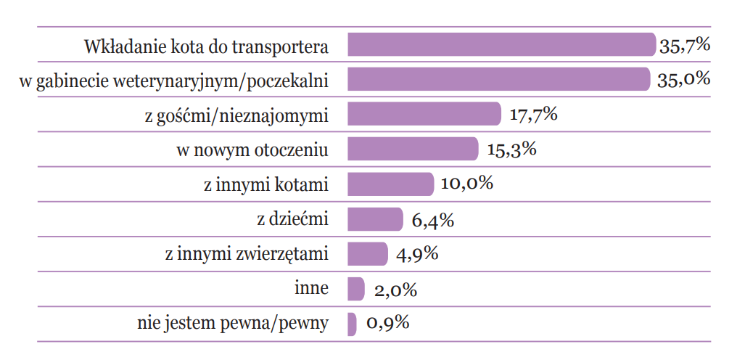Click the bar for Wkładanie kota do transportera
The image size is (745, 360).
pos(501,45)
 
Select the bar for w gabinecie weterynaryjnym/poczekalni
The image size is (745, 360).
pos(498,80)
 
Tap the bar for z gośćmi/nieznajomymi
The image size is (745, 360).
pos(424,115)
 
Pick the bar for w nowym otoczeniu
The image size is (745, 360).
pos(413,150)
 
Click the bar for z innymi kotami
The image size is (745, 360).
pos(390,184)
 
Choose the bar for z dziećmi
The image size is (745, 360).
pos(375,219)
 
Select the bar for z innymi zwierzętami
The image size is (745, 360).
pos(368,254)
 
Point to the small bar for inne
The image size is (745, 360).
pos(356,289)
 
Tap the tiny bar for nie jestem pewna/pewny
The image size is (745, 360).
pos(353,324)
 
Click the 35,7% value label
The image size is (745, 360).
pos(684,46)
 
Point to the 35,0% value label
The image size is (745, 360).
pos(683,80)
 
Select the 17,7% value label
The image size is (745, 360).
pos(532,115)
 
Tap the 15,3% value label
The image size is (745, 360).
pos(511,150)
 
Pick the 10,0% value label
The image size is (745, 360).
pos(466,184)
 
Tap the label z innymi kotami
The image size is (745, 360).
pos(266,185)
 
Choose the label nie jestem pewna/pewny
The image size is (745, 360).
pos(232,324)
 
